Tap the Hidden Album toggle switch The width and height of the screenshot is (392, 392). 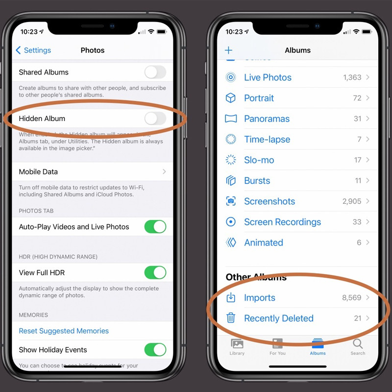point(155,119)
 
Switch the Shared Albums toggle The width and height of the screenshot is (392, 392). point(155,73)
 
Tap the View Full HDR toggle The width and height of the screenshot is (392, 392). point(155,272)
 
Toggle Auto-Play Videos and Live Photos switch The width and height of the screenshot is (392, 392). point(155,227)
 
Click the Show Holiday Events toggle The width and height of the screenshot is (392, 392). point(155,350)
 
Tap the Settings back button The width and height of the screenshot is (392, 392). point(33,50)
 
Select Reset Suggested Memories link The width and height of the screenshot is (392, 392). point(64,331)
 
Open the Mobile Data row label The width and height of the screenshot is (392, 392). point(38,172)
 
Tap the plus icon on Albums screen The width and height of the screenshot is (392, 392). point(228,50)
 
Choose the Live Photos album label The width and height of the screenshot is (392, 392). point(268,77)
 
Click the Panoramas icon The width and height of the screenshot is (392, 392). point(231,119)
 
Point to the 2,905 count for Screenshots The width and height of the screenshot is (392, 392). point(352,201)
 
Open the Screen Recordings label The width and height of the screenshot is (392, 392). point(282,222)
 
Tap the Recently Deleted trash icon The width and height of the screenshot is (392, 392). point(231,318)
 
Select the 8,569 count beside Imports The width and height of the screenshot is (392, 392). point(351,298)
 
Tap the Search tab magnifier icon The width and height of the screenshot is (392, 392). point(358,343)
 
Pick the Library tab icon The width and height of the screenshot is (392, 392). point(237,343)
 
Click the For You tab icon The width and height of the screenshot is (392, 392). point(277,343)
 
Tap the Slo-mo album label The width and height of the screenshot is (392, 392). point(259,160)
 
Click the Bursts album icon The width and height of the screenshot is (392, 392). point(231,181)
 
